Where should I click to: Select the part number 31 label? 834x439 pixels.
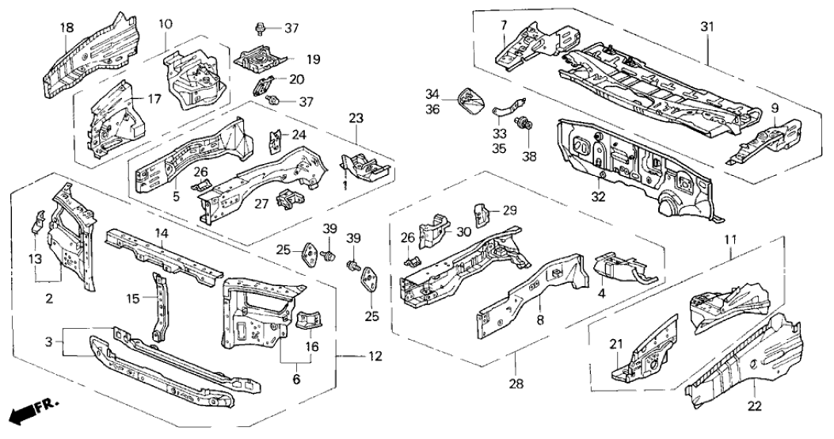[x=706, y=28]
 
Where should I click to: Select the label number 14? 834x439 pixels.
[x=161, y=234]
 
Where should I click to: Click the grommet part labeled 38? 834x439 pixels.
[x=523, y=124]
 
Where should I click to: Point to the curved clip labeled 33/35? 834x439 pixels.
[x=503, y=107]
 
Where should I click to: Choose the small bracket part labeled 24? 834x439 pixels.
[x=276, y=141]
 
